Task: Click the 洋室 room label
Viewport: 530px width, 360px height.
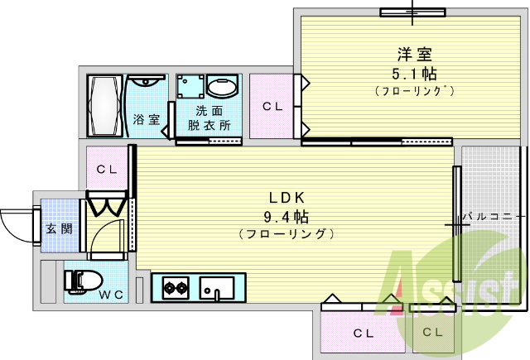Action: [x=414, y=55]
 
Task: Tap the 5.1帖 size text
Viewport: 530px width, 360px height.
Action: [x=414, y=74]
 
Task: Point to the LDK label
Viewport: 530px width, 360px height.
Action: [x=287, y=198]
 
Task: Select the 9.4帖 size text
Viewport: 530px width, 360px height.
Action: [x=287, y=217]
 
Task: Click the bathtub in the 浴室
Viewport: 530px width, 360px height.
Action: [x=105, y=106]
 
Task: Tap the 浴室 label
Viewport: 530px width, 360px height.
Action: [x=146, y=119]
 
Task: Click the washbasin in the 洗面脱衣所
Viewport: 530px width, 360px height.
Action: [x=223, y=86]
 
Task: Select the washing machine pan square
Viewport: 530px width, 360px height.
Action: [x=190, y=86]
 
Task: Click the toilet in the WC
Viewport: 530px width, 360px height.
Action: [x=84, y=281]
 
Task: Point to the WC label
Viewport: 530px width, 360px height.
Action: [x=111, y=295]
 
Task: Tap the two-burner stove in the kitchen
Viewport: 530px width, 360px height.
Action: [x=176, y=288]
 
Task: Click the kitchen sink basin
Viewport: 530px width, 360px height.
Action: [x=217, y=288]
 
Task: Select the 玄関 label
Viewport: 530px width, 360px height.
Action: [x=60, y=228]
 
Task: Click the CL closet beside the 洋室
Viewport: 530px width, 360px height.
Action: [x=272, y=106]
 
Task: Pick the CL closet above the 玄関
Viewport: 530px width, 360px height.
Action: [x=107, y=168]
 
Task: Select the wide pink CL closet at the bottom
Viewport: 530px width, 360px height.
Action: [x=363, y=333]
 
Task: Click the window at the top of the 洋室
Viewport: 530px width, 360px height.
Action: [x=412, y=12]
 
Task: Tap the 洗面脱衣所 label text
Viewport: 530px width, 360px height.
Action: [x=210, y=118]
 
